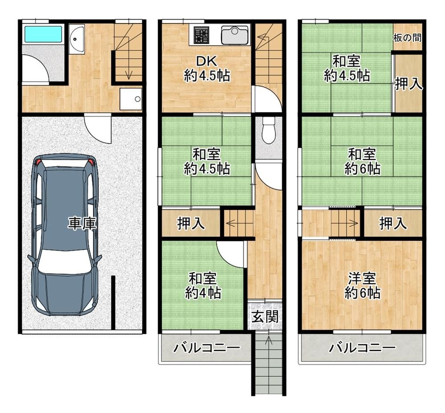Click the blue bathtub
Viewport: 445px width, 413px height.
pyautogui.click(x=43, y=35)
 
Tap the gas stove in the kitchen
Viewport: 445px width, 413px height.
pyautogui.click(x=202, y=35)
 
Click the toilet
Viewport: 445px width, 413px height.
pyautogui.click(x=268, y=130)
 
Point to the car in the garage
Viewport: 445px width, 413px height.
pyautogui.click(x=65, y=235)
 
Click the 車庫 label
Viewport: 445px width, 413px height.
pyautogui.click(x=82, y=223)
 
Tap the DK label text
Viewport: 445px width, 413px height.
pyautogui.click(x=206, y=61)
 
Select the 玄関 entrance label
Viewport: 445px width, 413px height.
pyautogui.click(x=265, y=317)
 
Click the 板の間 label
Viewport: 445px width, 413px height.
pyautogui.click(x=407, y=38)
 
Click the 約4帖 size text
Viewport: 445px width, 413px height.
pyautogui.click(x=203, y=293)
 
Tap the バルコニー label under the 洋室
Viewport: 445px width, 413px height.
pyautogui.click(x=362, y=348)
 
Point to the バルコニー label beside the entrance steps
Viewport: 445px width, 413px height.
pyautogui.click(x=206, y=348)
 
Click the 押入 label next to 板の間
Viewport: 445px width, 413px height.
pyautogui.click(x=409, y=84)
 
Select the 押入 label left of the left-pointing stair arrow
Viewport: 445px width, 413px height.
pyautogui.click(x=191, y=223)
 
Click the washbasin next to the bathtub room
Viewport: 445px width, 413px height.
pyautogui.click(x=77, y=39)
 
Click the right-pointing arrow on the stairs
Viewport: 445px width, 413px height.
pyautogui.click(x=344, y=223)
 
